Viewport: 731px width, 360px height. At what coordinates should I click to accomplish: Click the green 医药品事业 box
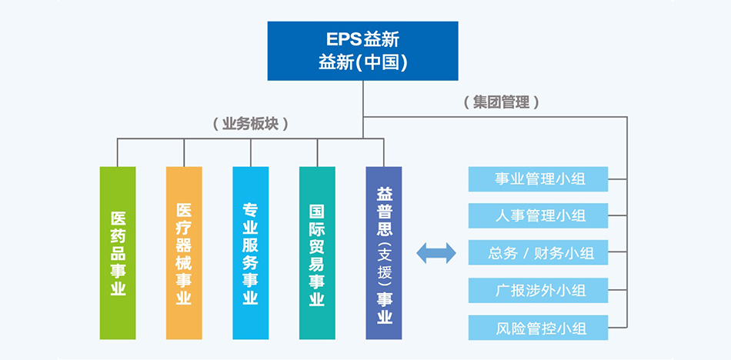pyautogui.click(x=118, y=253)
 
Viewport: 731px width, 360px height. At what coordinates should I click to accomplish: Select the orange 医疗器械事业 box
pyautogui.click(x=184, y=253)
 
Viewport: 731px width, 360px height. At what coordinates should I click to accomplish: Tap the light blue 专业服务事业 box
pyautogui.click(x=251, y=253)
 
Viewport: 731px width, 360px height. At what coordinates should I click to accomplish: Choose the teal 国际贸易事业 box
pyautogui.click(x=317, y=253)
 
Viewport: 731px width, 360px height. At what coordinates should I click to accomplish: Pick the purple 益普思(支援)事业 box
pyautogui.click(x=384, y=253)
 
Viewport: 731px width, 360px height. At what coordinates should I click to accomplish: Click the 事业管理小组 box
pyautogui.click(x=538, y=179)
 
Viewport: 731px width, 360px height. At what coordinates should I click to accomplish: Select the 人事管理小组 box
pyautogui.click(x=538, y=216)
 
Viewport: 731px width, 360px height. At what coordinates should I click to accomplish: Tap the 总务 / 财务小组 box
pyautogui.click(x=538, y=253)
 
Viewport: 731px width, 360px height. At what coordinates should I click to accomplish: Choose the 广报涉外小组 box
pyautogui.click(x=538, y=291)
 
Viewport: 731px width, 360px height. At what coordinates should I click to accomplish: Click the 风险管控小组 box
pyautogui.click(x=538, y=328)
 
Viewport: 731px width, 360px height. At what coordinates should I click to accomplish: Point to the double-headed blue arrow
pyautogui.click(x=436, y=253)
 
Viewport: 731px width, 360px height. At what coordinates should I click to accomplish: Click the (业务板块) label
pyautogui.click(x=250, y=124)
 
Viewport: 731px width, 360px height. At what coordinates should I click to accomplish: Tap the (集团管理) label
pyautogui.click(x=502, y=102)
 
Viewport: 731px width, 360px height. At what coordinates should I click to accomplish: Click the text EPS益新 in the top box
pyautogui.click(x=362, y=39)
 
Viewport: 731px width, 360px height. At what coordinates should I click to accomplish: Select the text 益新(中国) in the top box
pyautogui.click(x=362, y=62)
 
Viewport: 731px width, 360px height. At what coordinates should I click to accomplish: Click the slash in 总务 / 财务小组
pyautogui.click(x=525, y=254)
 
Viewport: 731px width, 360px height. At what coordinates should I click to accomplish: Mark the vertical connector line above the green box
pyautogui.click(x=117, y=152)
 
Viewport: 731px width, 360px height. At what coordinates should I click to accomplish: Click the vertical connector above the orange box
pyautogui.click(x=184, y=152)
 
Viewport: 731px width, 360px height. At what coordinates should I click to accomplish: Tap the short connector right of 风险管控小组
pyautogui.click(x=618, y=328)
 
